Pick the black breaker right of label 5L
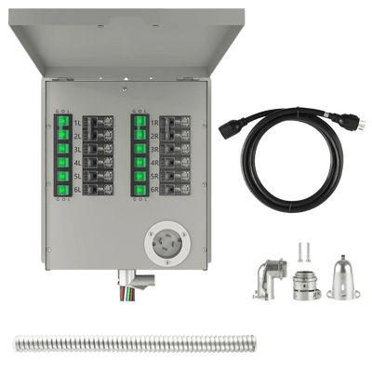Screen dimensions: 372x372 [98, 178]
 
